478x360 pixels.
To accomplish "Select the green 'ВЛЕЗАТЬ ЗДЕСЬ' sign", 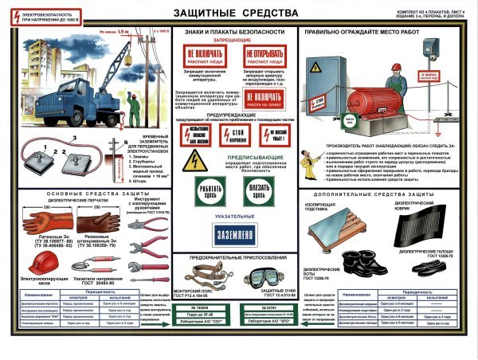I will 257,190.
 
